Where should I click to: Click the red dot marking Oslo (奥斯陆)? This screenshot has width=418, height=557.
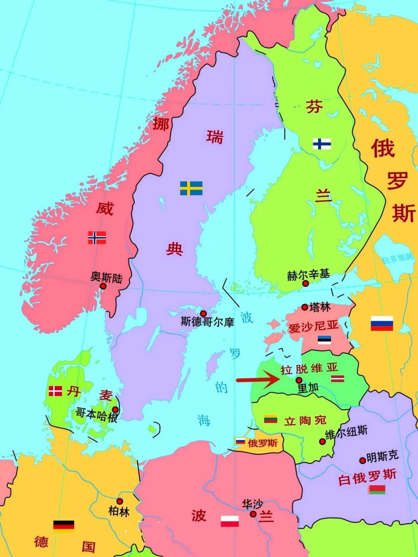pyautogui.click(x=103, y=286)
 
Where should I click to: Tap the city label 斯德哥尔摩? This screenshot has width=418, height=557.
pyautogui.click(x=207, y=322)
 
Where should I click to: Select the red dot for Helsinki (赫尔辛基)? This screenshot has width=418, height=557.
pyautogui.click(x=305, y=283)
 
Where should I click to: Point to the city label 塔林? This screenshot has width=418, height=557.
pyautogui.click(x=320, y=307)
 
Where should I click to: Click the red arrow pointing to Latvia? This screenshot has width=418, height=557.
pyautogui.click(x=257, y=379)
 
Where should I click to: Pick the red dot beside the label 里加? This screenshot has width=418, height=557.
pyautogui.click(x=299, y=380)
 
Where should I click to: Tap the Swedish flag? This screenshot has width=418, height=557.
pyautogui.click(x=191, y=188)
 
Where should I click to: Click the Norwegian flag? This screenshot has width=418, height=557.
pyautogui.click(x=97, y=237)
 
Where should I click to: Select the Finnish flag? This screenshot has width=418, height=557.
pyautogui.click(x=322, y=144)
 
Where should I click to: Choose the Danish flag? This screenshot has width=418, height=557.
pyautogui.click(x=55, y=391)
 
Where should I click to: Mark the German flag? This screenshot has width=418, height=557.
pyautogui.click(x=63, y=526)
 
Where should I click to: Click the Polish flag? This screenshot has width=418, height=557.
pyautogui.click(x=230, y=521)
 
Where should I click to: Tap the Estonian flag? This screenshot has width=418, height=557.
pyautogui.click(x=324, y=340)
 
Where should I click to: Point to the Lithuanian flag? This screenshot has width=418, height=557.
pyautogui.click(x=271, y=419)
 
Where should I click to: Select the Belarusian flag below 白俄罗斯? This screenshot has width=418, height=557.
pyautogui.click(x=377, y=490)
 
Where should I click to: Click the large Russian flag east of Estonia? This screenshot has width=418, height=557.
pyautogui.click(x=382, y=323)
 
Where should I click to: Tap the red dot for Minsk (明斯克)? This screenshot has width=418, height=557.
pyautogui.click(x=363, y=461)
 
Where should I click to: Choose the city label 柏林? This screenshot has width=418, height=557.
pyautogui.click(x=119, y=512)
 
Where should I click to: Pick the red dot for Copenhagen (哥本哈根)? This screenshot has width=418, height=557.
pyautogui.click(x=115, y=410)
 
